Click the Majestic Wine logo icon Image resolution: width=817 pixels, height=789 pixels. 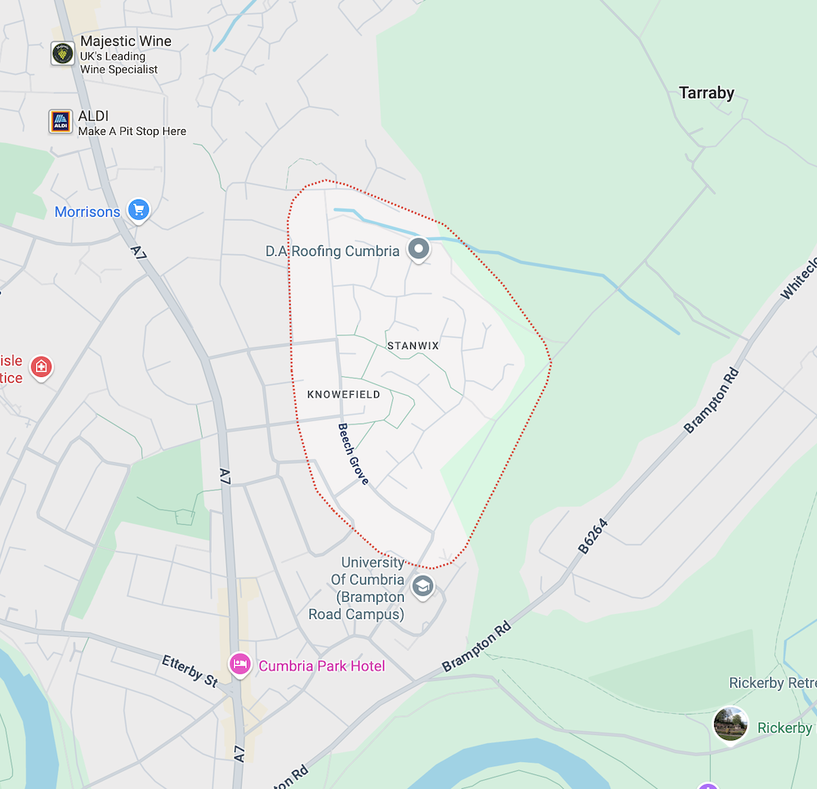tap(62, 54)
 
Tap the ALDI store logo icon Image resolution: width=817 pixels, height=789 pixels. tap(60, 122)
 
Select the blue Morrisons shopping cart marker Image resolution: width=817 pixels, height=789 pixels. tap(138, 211)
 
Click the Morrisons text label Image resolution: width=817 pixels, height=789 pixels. tap(87, 212)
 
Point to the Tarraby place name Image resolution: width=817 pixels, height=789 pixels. tap(707, 93)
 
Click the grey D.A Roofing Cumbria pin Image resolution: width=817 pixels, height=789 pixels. tap(418, 249)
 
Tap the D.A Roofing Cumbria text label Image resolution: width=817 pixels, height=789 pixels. tap(333, 251)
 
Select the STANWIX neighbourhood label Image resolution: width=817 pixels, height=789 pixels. tap(413, 346)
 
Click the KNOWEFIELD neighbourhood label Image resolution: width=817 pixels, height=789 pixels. tap(343, 395)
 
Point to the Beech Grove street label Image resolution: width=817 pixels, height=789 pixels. tap(354, 454)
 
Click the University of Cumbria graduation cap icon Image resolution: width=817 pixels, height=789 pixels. tap(422, 586)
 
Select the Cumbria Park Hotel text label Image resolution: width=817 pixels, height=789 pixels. tap(322, 666)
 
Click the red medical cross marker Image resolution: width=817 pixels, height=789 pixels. tap(40, 367)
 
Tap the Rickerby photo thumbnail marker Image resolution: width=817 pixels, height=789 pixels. tap(730, 724)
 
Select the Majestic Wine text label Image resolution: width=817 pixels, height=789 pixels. tap(126, 42)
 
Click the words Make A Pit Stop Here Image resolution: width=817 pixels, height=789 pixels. tap(132, 131)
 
